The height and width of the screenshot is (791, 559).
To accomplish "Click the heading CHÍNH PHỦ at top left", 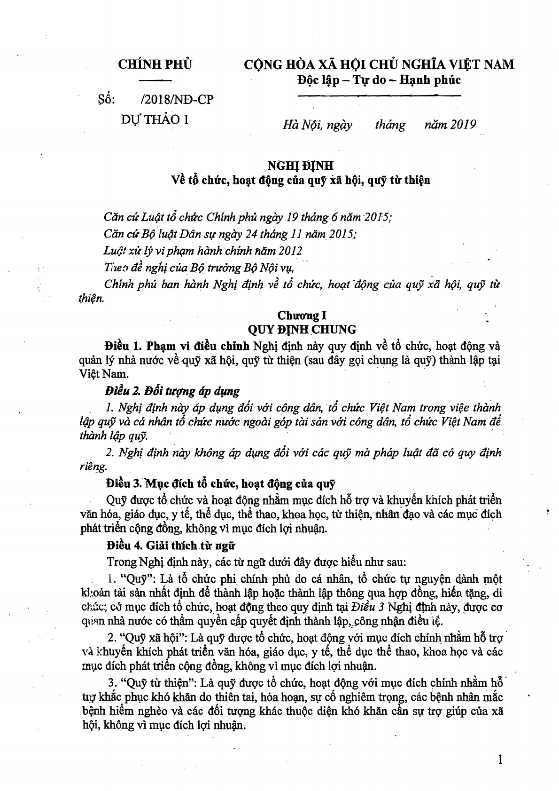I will [155, 64].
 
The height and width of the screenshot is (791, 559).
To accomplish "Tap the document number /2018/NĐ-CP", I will [177, 100].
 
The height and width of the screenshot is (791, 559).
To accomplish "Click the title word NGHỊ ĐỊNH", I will [300, 165].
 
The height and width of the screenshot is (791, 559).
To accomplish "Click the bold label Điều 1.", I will [124, 347].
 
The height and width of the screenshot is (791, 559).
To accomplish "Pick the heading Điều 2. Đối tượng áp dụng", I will [172, 390].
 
